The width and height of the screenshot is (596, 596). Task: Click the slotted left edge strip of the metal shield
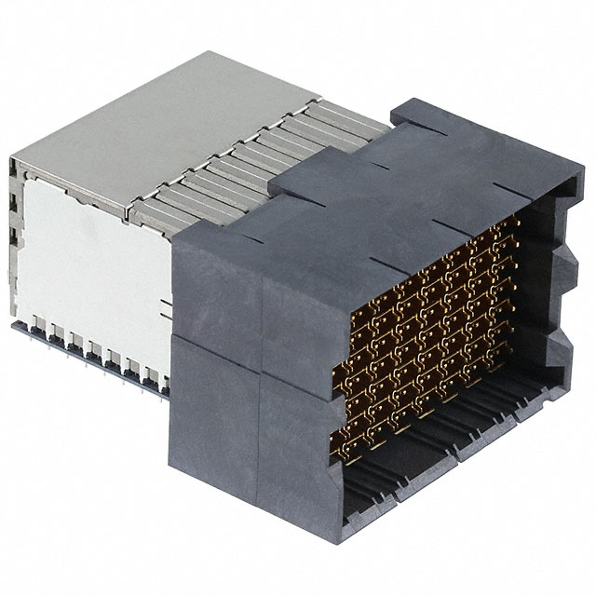point(13,242)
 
